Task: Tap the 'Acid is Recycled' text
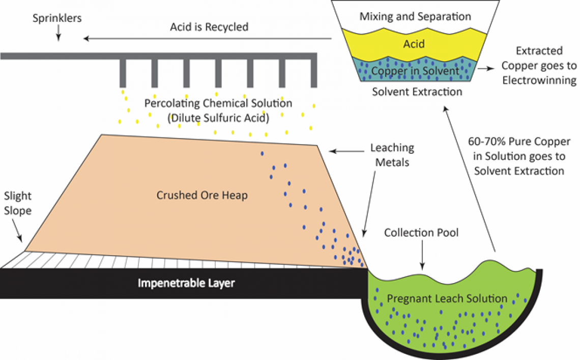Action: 209,26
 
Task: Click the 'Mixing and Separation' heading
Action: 415,16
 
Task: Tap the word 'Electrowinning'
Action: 539,80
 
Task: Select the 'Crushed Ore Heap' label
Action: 202,195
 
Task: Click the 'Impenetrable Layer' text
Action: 186,283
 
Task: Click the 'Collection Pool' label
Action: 421,233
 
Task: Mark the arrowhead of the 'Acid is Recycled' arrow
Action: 87,38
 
